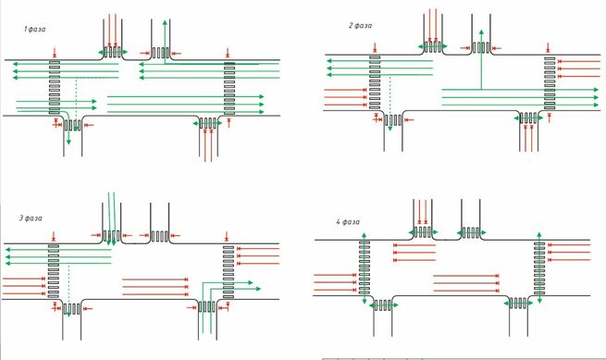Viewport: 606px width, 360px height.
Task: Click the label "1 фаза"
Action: point(34,29)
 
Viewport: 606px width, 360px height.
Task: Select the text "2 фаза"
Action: point(360,26)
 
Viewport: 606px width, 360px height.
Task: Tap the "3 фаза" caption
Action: point(31,218)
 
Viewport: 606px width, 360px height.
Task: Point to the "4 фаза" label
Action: point(348,221)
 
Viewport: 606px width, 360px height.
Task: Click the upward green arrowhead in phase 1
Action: point(165,22)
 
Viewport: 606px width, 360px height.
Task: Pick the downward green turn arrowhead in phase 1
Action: point(68,142)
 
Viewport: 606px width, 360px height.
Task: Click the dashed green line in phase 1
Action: point(76,97)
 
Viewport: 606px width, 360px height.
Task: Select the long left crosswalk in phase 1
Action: point(55,87)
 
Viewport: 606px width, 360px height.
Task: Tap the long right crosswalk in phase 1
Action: point(229,89)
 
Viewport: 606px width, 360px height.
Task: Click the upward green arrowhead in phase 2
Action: point(481,32)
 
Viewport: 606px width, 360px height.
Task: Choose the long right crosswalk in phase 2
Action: point(550,83)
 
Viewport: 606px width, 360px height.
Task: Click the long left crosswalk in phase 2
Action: point(375,82)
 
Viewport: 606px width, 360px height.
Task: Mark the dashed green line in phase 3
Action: point(68,288)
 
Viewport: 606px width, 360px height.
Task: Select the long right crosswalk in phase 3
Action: point(229,272)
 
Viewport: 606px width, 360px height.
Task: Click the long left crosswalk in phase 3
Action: point(54,270)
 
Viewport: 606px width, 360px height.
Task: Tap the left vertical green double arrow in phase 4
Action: point(365,268)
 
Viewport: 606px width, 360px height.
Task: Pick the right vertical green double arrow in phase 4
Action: point(539,267)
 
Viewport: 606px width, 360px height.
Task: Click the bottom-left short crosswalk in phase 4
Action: point(383,305)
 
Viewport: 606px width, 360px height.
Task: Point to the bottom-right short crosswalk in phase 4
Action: point(518,304)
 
